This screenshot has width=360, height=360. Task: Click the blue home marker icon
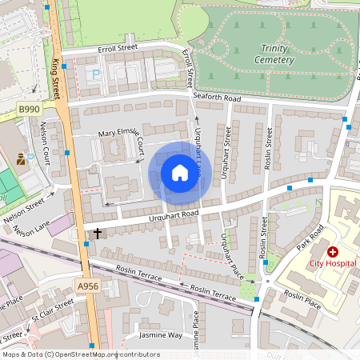[x=180, y=173]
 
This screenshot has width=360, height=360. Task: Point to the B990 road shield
[x=29, y=109]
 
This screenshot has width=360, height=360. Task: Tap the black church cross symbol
[x=98, y=234]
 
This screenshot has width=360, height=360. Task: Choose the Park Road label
[x=310, y=238]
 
